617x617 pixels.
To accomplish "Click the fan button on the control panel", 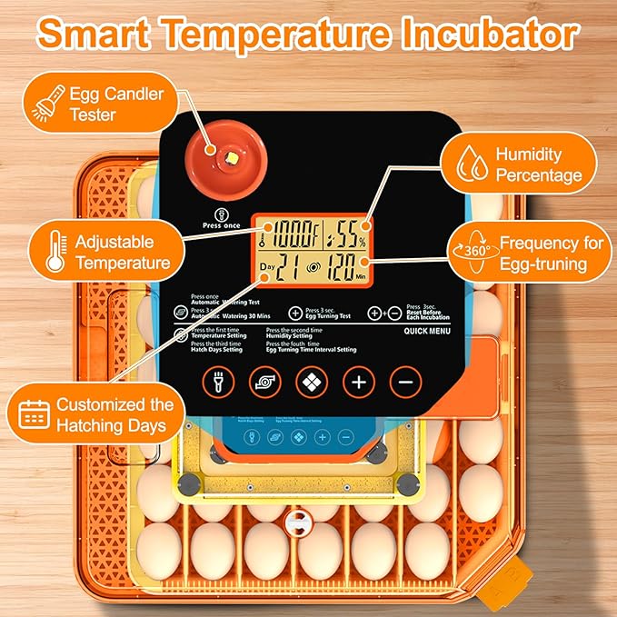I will (x=264, y=383).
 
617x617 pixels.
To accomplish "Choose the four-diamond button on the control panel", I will (x=312, y=383).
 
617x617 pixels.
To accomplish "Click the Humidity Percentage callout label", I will (x=538, y=165).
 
